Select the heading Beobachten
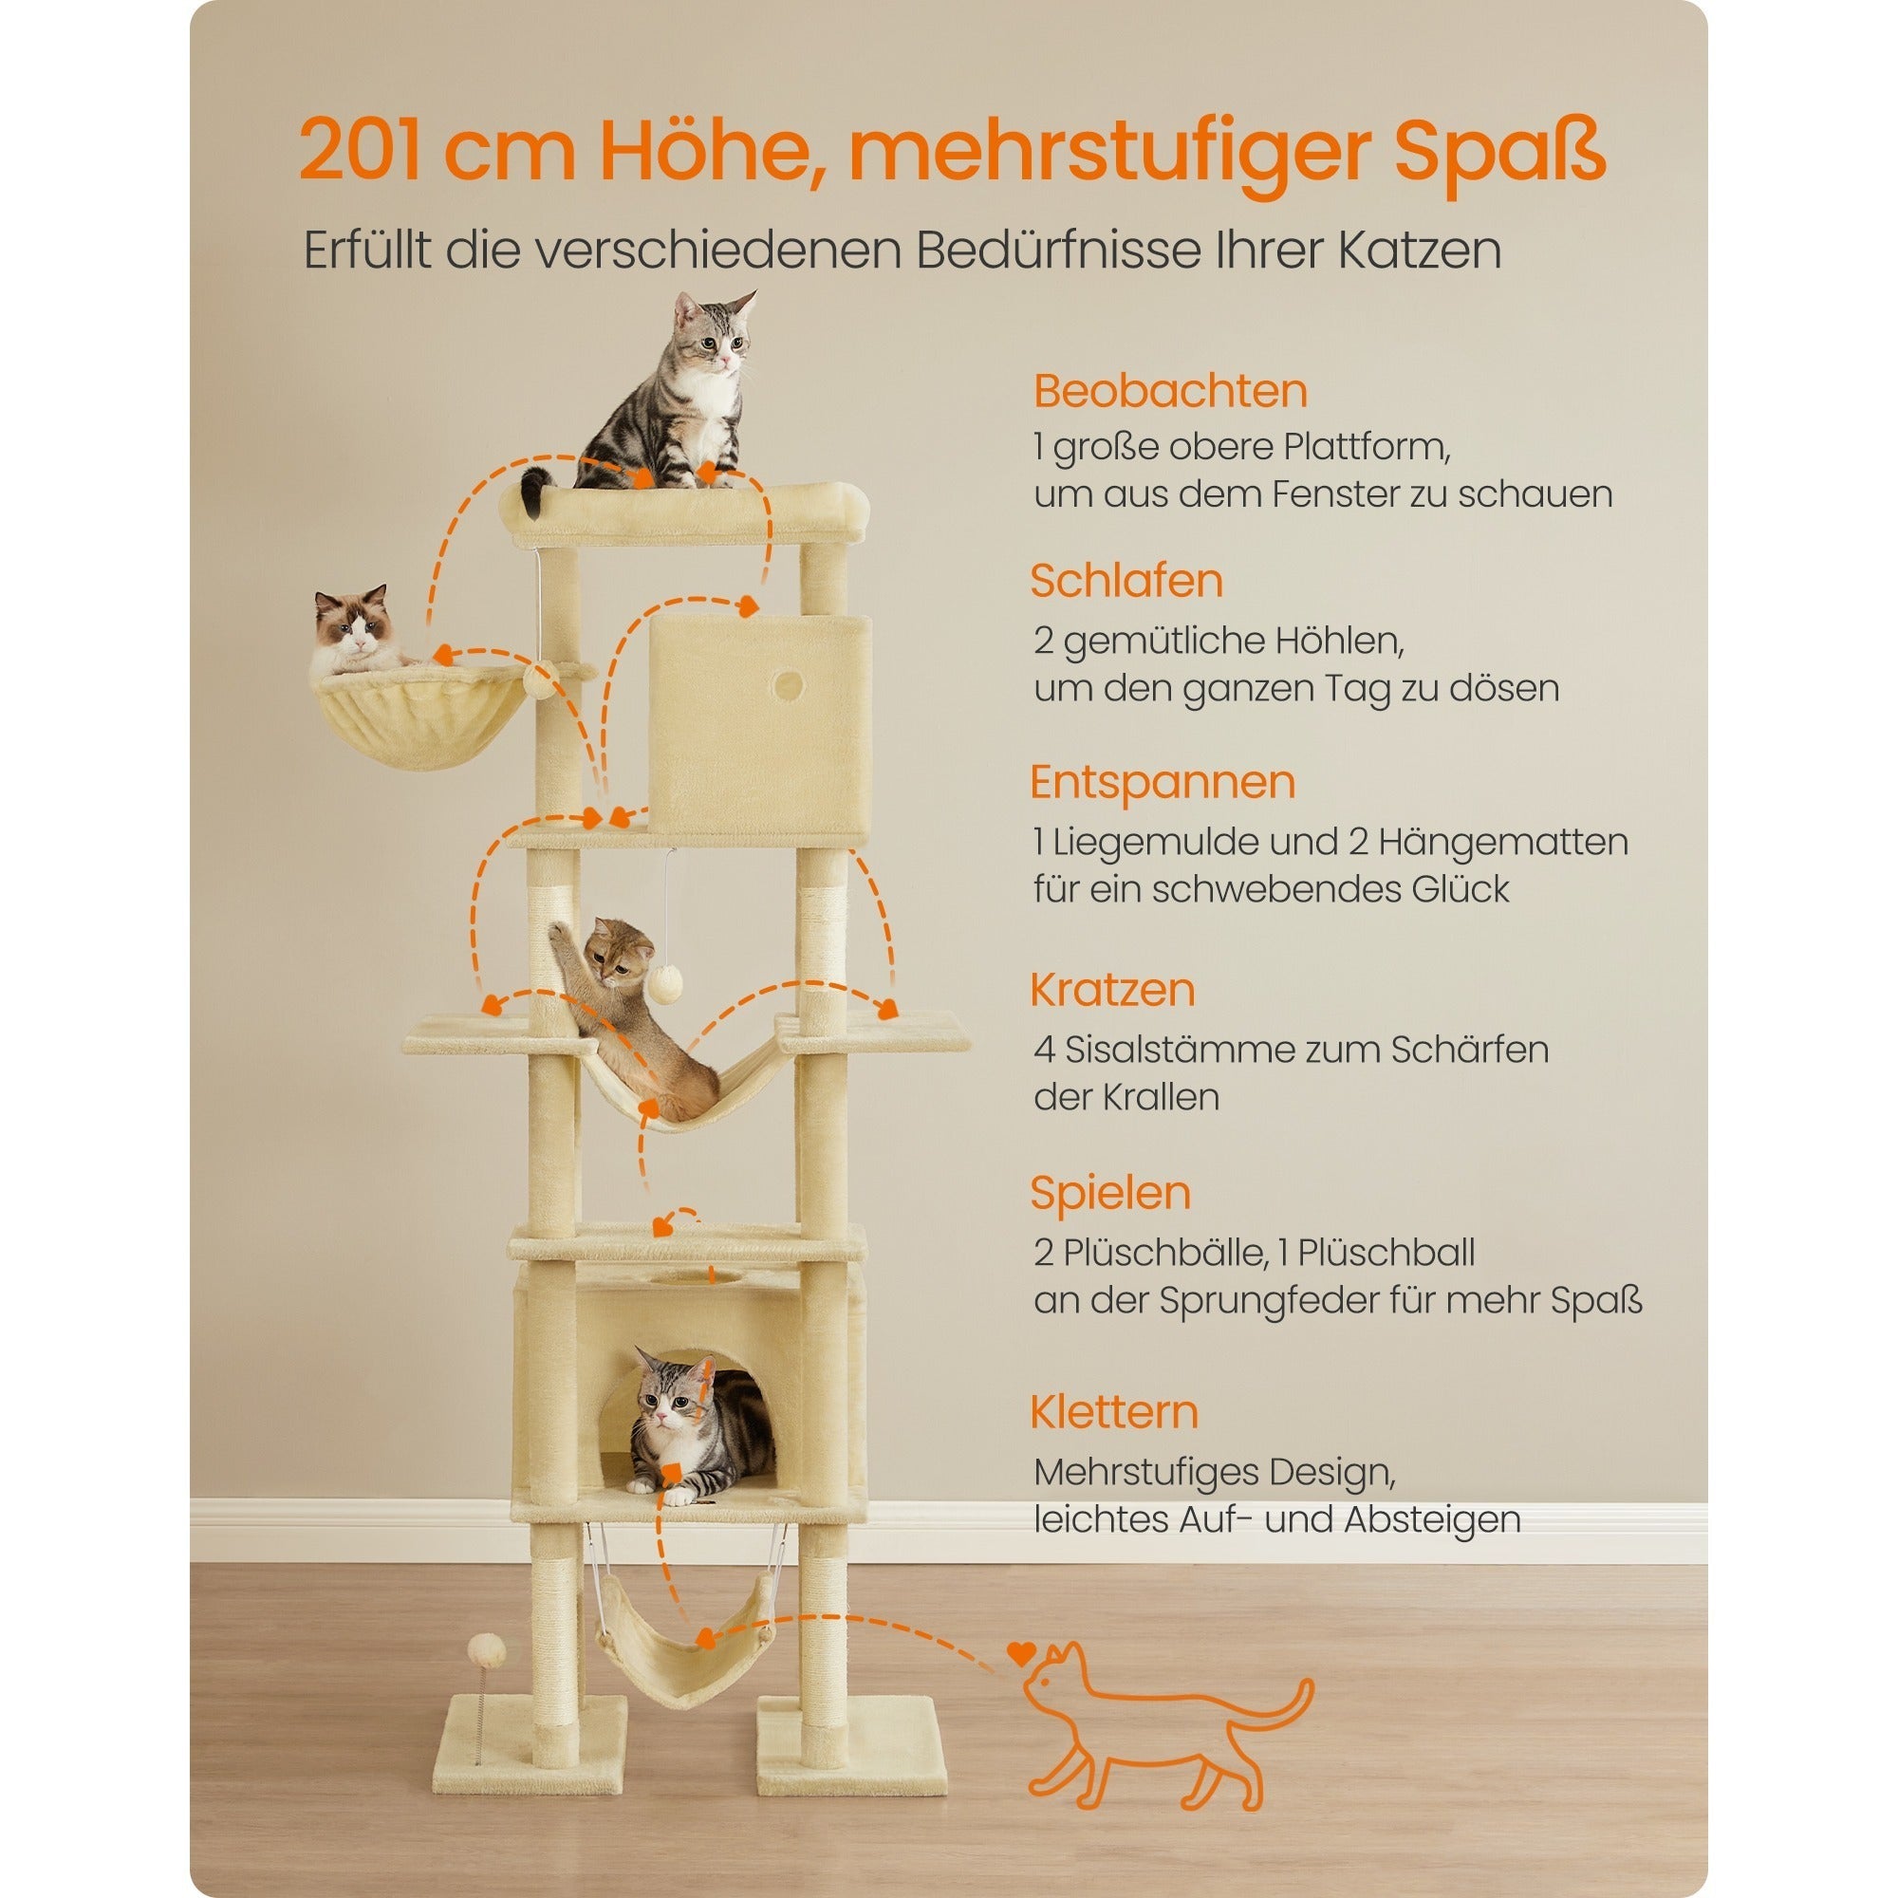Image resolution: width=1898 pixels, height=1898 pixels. pos(1170,391)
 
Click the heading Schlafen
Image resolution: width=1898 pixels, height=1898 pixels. pos(1126,581)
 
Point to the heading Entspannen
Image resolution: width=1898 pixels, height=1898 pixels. pos(1163,782)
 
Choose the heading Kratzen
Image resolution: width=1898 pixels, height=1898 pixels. pos(1112,989)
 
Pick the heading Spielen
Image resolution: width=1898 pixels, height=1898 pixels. pos(1110,1193)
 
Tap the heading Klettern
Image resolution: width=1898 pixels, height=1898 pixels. pos(1114,1412)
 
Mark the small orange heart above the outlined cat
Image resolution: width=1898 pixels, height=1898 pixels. pos(1021,1653)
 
